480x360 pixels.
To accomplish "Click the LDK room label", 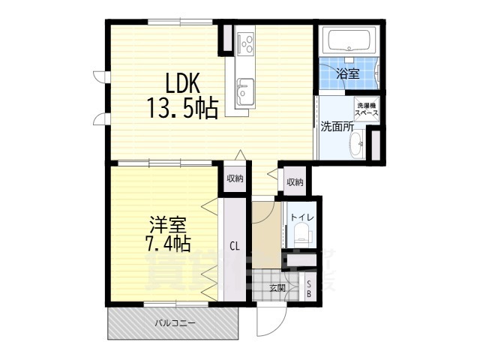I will point(178,81).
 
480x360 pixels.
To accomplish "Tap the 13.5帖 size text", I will point(178,110).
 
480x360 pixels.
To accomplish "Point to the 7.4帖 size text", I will point(166,244).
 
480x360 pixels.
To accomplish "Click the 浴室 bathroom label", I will point(347,73).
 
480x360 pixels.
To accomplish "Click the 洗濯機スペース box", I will point(367,109).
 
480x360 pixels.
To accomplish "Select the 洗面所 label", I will point(337,127).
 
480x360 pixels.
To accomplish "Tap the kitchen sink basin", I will point(244,96).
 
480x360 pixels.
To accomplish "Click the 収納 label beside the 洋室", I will point(235,178).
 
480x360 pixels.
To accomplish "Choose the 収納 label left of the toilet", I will point(294,182).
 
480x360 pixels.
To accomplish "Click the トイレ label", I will point(304,218).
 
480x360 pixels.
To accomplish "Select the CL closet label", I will point(234,245).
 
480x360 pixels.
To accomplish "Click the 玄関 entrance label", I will point(276,287).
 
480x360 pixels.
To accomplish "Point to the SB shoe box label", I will point(310,287).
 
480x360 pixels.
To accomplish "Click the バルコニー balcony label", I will point(175,323).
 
